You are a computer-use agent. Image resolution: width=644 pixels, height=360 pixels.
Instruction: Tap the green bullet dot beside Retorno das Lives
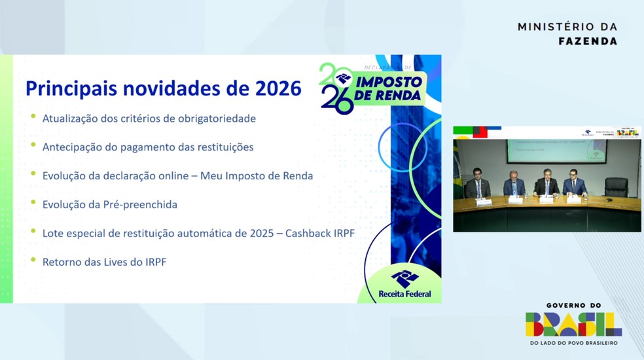point(33,261)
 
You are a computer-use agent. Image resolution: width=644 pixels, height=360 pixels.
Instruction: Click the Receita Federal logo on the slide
point(404,283)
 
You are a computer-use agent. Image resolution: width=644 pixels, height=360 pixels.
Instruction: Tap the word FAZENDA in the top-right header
point(587,41)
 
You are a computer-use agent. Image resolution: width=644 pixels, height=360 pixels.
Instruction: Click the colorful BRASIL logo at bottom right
point(573,324)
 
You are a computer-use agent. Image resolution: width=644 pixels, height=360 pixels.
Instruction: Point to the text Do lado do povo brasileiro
point(573,343)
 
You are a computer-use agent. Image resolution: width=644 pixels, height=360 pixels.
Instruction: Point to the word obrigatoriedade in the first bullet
point(219,119)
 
